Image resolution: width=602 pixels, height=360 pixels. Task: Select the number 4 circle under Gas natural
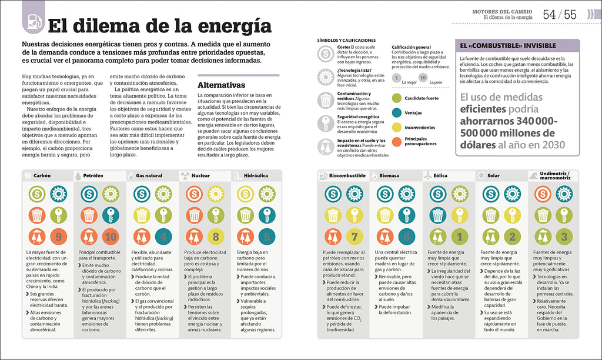pos(163,238)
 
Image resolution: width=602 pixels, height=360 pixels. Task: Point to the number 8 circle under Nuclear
pos(215,238)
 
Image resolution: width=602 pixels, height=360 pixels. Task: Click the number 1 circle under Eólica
pos(459,238)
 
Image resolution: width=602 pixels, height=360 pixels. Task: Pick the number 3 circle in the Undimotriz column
pos(564,238)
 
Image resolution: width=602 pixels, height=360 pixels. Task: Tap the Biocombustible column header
pos(347,175)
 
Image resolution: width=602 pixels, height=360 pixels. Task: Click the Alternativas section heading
pos(221,84)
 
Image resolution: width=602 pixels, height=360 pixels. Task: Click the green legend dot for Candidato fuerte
pos(397,97)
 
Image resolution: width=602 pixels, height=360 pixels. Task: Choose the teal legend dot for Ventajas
pos(397,112)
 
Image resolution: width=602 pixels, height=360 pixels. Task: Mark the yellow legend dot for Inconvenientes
pos(397,127)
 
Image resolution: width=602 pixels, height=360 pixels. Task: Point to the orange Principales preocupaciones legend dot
pos(397,142)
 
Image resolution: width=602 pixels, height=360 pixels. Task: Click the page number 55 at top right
pos(570,15)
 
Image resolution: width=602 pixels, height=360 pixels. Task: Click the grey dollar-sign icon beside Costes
pos(325,54)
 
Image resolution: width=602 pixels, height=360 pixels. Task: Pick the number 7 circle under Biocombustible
pos(354,238)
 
